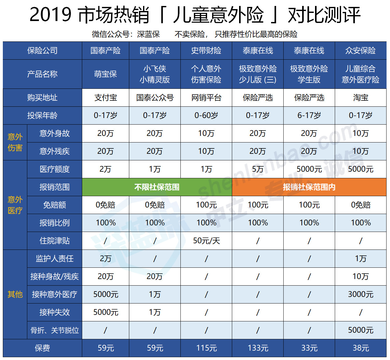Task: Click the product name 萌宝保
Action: (x=105, y=74)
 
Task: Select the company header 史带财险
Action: (x=206, y=51)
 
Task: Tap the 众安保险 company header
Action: (x=361, y=51)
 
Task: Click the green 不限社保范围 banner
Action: (x=157, y=187)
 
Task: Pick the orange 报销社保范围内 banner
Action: (x=309, y=187)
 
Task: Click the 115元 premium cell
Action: (x=206, y=348)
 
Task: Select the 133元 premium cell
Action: (x=258, y=348)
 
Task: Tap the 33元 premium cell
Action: (x=309, y=348)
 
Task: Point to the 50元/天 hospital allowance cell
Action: (x=206, y=241)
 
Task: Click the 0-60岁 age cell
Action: (x=206, y=116)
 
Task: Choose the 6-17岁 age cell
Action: (x=309, y=116)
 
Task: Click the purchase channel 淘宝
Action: (x=361, y=98)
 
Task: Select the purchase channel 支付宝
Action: (x=105, y=98)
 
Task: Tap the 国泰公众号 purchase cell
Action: (x=155, y=98)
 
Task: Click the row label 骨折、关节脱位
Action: (x=55, y=330)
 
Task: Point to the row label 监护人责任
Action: (x=55, y=259)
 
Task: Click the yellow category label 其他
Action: (x=15, y=294)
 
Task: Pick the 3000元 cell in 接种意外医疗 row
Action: (x=361, y=294)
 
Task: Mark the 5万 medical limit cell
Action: (x=258, y=169)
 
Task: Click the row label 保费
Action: (x=42, y=348)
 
